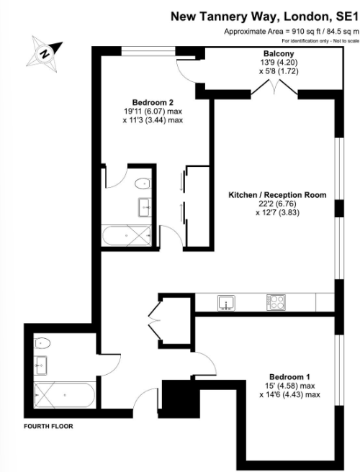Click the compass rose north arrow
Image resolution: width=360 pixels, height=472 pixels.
click(x=44, y=53)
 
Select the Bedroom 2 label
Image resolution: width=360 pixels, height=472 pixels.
click(x=153, y=101)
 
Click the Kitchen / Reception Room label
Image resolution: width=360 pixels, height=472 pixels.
click(x=277, y=195)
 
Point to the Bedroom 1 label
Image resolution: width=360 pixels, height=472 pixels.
click(x=289, y=377)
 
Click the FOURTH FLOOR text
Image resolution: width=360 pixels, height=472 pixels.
click(x=48, y=425)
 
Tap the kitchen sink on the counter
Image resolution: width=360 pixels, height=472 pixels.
click(x=226, y=302)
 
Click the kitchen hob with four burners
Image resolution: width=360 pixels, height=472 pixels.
click(x=275, y=302)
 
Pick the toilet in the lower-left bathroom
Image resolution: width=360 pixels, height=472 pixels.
click(x=43, y=342)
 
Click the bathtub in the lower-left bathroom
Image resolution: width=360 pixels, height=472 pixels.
click(x=63, y=394)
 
